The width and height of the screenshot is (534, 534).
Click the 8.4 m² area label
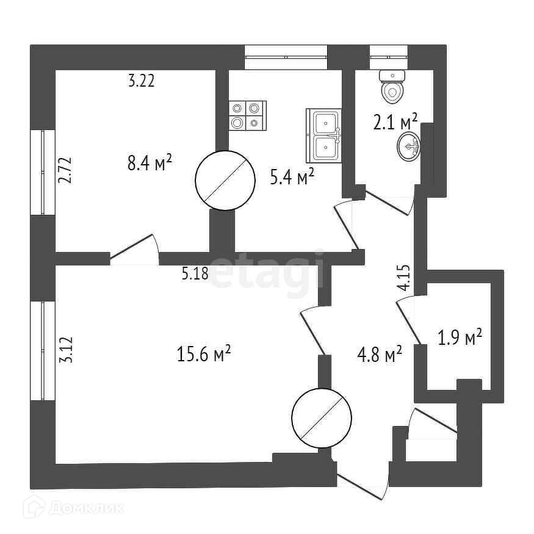150,164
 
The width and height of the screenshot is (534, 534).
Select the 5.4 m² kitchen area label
292,178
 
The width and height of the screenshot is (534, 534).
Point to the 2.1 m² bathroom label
395,123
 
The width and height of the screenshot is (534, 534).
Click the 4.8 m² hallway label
379,354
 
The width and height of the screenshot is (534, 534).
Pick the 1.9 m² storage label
461,337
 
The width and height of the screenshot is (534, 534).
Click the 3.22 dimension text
141,81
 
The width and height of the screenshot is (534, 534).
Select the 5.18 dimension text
195,274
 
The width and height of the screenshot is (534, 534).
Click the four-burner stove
248,115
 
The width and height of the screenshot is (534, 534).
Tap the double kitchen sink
324,135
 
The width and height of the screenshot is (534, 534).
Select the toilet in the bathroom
392,87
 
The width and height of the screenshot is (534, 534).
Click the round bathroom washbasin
409,146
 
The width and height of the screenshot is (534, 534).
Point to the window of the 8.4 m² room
43,171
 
